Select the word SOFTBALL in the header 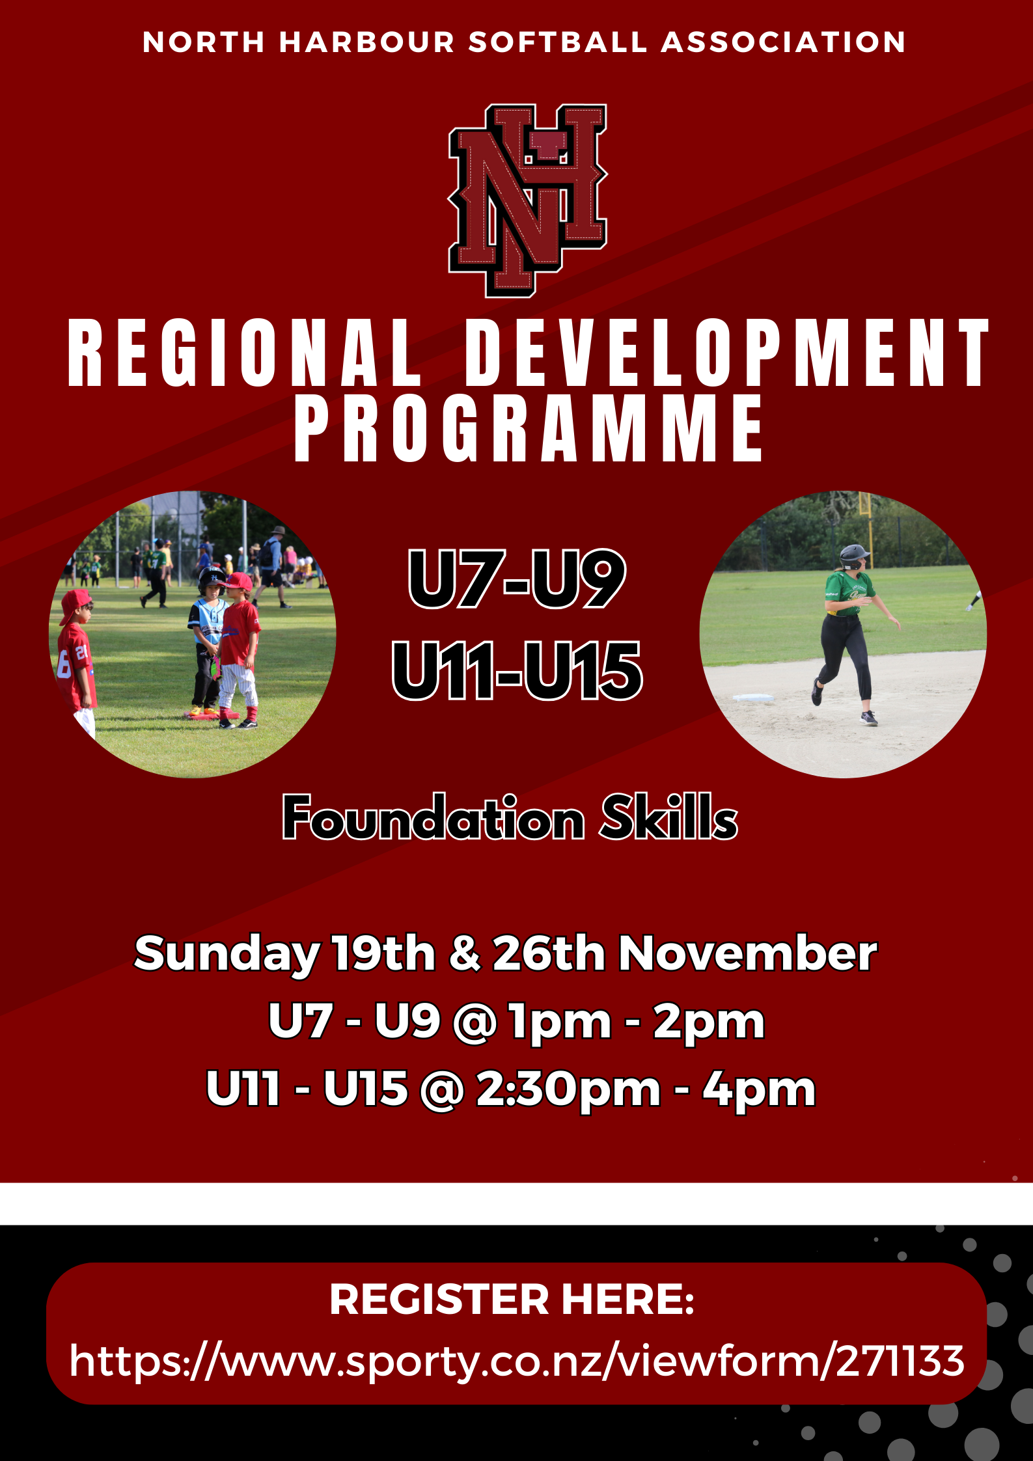(558, 42)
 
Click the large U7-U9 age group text (517, 579)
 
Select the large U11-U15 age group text (517, 671)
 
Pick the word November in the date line (747, 954)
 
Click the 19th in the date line (383, 954)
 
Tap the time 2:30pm (568, 1089)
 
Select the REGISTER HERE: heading (512, 1300)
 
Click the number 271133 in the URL (900, 1361)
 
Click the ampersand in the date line (464, 954)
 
